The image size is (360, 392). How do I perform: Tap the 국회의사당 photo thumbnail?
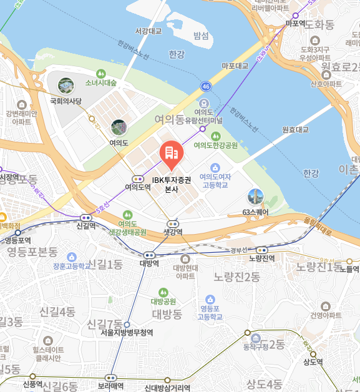[x=66, y=86]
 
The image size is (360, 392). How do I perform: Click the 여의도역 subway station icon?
[x=137, y=178]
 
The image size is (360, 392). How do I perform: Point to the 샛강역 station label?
[x=173, y=232]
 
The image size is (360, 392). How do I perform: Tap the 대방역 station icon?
[x=149, y=255]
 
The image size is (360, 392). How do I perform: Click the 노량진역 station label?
[x=261, y=258]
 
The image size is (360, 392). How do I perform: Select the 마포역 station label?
[x=294, y=23]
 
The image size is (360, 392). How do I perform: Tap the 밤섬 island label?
[x=201, y=36]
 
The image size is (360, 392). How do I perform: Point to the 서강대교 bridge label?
[x=148, y=31]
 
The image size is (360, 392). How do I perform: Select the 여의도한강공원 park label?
[x=216, y=145]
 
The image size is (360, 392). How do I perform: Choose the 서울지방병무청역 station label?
[x=127, y=333]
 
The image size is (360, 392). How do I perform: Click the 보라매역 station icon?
[x=110, y=378]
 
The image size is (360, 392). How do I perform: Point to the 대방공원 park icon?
[x=163, y=292]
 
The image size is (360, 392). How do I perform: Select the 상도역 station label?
[x=313, y=362]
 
